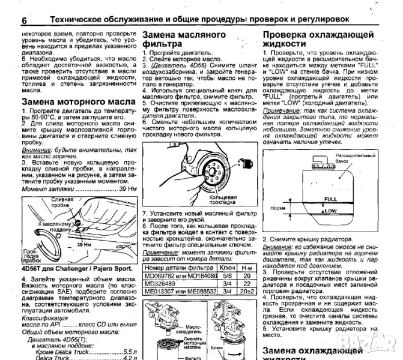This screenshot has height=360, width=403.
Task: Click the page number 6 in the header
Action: click(25, 20)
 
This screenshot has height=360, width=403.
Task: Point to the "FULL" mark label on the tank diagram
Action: click(330, 199)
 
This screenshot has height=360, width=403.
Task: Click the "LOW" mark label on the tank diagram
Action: click(330, 211)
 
